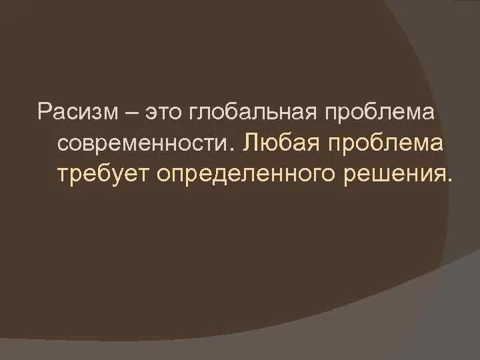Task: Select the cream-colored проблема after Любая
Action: (x=387, y=143)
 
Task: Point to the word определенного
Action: (x=252, y=173)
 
